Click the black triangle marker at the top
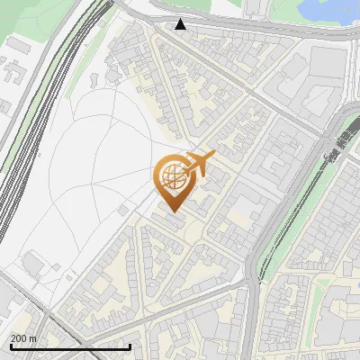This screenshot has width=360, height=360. [181, 24]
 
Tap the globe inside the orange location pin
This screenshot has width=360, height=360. [171, 176]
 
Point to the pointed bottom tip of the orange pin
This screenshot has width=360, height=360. [172, 211]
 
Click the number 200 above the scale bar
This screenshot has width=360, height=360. [19, 338]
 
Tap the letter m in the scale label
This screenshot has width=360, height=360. [33, 338]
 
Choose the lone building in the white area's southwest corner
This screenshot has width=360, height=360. [33, 263]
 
